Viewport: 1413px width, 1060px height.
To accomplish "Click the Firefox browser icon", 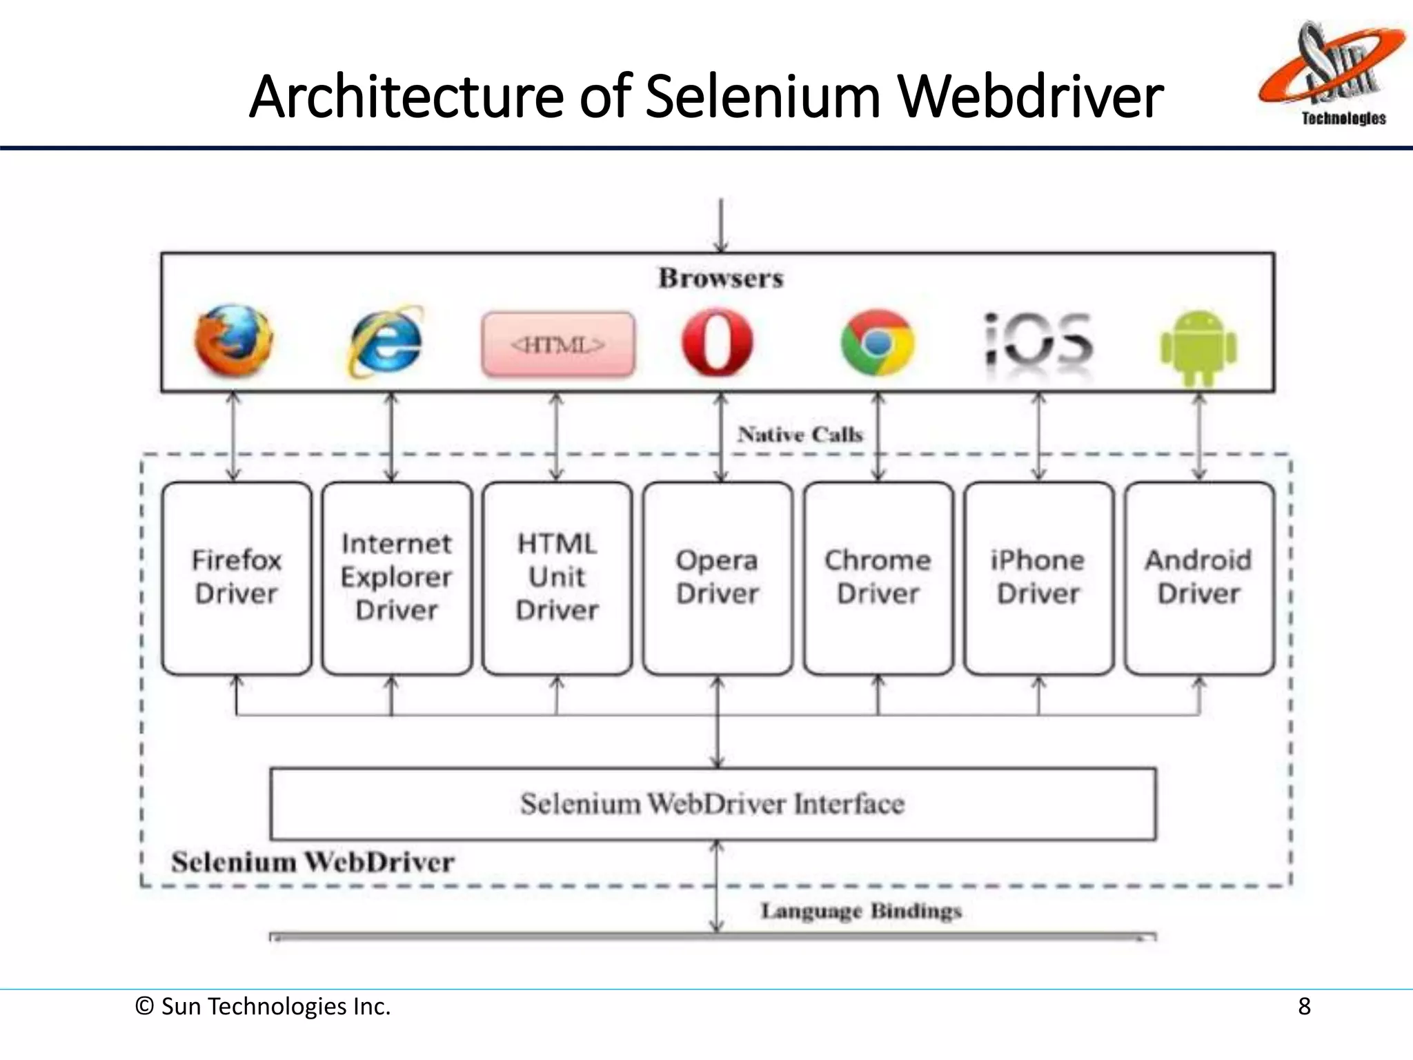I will pyautogui.click(x=233, y=341).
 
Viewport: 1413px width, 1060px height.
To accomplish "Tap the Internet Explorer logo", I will pyautogui.click(x=386, y=342).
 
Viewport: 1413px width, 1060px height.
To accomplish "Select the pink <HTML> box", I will pyautogui.click(x=558, y=344).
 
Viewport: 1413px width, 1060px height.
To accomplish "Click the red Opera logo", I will pyautogui.click(x=717, y=342).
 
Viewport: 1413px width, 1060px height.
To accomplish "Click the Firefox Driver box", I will pyautogui.click(x=237, y=578).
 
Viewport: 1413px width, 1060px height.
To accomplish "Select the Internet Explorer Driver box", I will pyautogui.click(x=397, y=578).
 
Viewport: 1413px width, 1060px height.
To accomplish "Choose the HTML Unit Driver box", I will pyautogui.click(x=557, y=578).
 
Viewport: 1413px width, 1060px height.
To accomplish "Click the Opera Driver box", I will pyautogui.click(x=718, y=578).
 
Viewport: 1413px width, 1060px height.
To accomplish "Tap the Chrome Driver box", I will pyautogui.click(x=878, y=578).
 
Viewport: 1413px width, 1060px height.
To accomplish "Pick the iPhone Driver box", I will pyautogui.click(x=1038, y=578).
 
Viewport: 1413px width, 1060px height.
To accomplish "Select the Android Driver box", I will pyautogui.click(x=1199, y=578).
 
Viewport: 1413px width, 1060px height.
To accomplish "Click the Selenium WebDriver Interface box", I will pyautogui.click(x=713, y=804).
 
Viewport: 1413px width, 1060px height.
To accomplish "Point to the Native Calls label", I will pyautogui.click(x=800, y=435).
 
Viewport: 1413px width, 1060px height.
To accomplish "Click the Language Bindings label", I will pyautogui.click(x=861, y=912).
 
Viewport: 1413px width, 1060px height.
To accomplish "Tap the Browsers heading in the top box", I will pyautogui.click(x=720, y=278).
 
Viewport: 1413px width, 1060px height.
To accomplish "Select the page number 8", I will pyautogui.click(x=1303, y=1007).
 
